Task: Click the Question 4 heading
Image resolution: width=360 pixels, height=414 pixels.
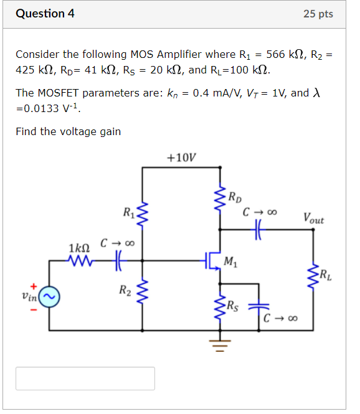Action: tap(45, 13)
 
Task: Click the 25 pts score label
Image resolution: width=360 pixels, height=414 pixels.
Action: tap(318, 14)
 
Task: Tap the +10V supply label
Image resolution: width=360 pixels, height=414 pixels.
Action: tap(181, 157)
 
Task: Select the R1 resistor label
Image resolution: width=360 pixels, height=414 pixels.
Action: tap(128, 215)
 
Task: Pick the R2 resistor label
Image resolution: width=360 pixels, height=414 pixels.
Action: tap(125, 289)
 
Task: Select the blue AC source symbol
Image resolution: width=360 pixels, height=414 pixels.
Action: tap(49, 298)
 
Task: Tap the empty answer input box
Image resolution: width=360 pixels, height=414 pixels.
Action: tap(85, 378)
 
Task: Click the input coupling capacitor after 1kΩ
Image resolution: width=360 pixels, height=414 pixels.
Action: tap(116, 260)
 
